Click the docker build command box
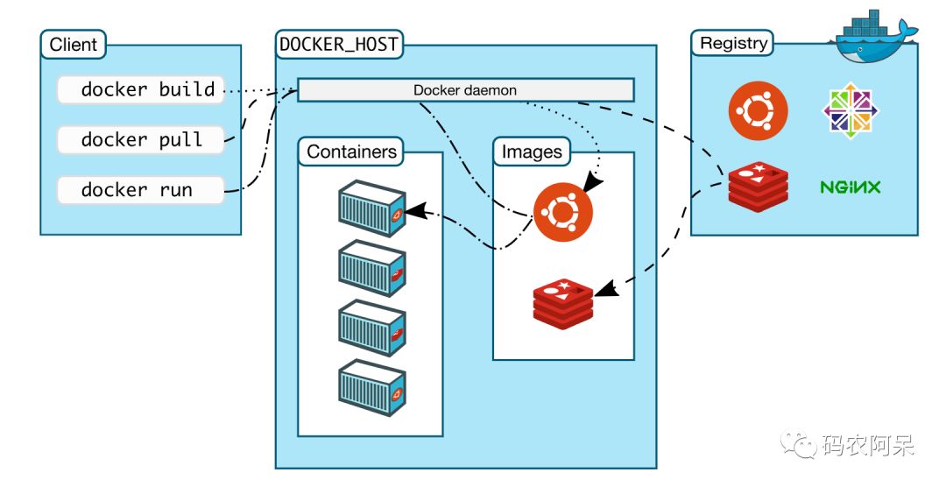point(140,89)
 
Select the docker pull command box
point(140,139)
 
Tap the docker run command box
point(140,190)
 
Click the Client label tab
point(74,44)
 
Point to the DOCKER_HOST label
point(339,44)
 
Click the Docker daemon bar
point(465,90)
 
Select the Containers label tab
point(351,152)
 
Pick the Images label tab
point(532,152)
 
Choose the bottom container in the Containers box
point(372,388)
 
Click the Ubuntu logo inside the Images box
point(562,213)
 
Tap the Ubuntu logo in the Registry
point(758,110)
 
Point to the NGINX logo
point(850,187)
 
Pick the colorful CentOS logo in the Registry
point(850,111)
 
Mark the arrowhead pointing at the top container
point(414,210)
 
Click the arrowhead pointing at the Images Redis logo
point(604,288)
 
